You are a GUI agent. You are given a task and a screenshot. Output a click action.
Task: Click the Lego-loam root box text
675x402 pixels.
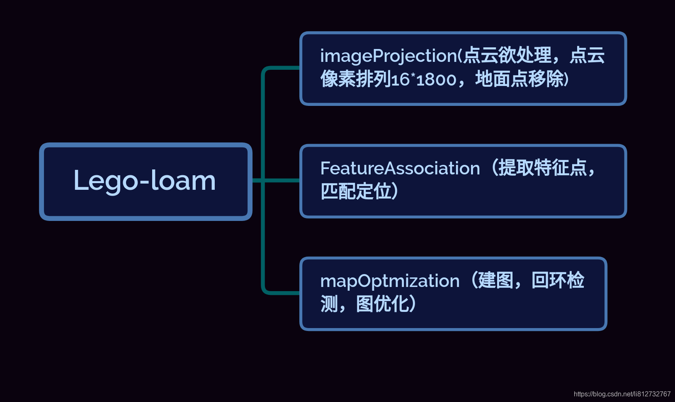pos(145,181)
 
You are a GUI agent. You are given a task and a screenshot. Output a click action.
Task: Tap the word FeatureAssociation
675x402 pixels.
pos(400,169)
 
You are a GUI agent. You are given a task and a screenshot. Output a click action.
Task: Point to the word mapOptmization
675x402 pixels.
pos(390,281)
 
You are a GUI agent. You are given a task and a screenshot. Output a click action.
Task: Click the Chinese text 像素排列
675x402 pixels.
pos(356,79)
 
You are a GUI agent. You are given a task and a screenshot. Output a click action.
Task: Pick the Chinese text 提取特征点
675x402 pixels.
pos(543,168)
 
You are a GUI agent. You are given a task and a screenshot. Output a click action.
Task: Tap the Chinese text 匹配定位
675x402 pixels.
pos(356,191)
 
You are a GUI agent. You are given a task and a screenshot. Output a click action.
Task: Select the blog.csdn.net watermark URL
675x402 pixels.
pos(622,394)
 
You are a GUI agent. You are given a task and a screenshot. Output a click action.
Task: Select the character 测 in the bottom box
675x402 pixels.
pos(329,304)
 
